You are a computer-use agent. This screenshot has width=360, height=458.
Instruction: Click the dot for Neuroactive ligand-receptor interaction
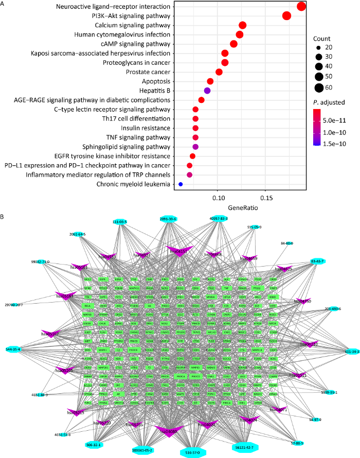[x=301, y=6]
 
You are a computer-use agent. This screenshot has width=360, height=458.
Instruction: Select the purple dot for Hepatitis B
[x=207, y=91]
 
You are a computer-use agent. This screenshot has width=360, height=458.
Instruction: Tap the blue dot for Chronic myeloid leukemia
[x=181, y=184]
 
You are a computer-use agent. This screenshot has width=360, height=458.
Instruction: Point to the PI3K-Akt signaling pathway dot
[x=286, y=16]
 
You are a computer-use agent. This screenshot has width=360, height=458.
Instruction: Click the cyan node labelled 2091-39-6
[x=169, y=219]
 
